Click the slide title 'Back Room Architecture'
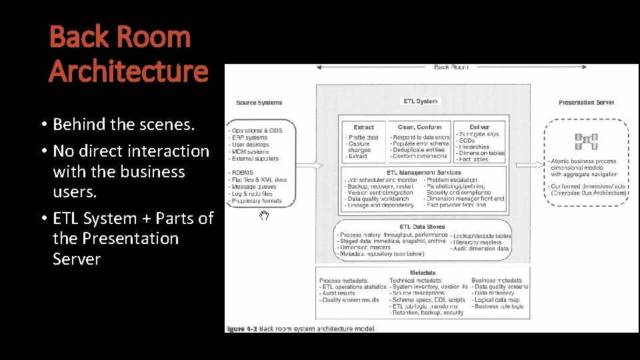coord(128,53)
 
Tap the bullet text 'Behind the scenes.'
coord(123,124)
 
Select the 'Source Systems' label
coord(259,103)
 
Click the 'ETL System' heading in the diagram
coord(421,101)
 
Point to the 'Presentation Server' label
coord(586,103)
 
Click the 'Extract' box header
coord(363,127)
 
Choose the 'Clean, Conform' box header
coord(419,127)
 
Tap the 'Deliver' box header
coord(479,127)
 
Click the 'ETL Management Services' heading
coord(424,172)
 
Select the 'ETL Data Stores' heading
coord(423,227)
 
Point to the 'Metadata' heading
coord(423,273)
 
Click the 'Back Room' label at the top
coord(451,67)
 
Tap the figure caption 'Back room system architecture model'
coord(318,328)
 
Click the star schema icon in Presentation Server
coord(587,141)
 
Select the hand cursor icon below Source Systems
coord(264,215)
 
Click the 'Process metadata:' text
coord(343,281)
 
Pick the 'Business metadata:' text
coord(497,281)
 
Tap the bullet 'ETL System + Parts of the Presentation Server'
coord(133,238)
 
